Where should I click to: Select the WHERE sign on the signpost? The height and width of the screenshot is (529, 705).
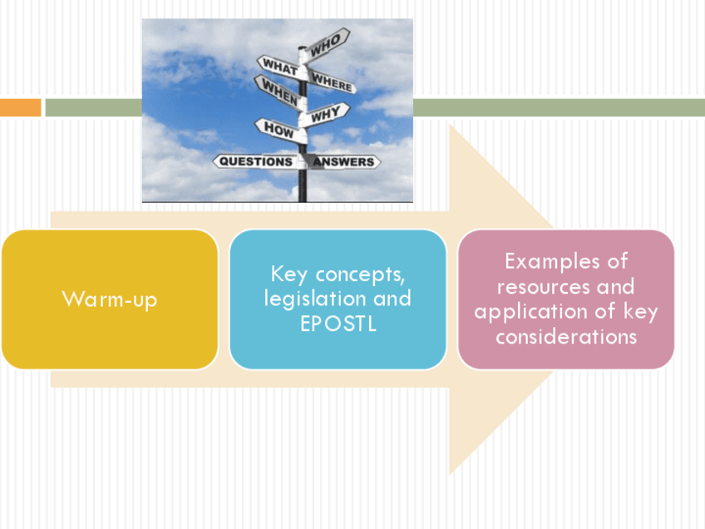coord(332,82)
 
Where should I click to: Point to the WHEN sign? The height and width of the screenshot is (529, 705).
coord(279,91)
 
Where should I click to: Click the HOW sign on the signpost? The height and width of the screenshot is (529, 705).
coord(280,130)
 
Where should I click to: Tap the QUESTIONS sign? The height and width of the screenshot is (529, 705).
coord(255,161)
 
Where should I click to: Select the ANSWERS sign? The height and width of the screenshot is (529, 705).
coord(343,162)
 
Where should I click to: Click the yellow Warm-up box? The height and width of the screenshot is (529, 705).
coord(110,299)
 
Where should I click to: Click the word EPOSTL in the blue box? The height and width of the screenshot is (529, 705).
coord(338,324)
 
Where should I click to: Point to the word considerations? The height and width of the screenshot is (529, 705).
coord(566,337)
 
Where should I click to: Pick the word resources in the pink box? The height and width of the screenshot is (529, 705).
coord(543,286)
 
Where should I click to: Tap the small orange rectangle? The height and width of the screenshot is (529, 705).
coord(20,107)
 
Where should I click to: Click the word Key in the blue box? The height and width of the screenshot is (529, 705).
coord(288,274)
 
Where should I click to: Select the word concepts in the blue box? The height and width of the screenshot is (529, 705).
coord(360,274)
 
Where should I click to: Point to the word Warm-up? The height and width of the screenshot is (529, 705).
coord(110,299)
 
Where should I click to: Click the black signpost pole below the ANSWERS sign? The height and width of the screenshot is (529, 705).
coord(303,185)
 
